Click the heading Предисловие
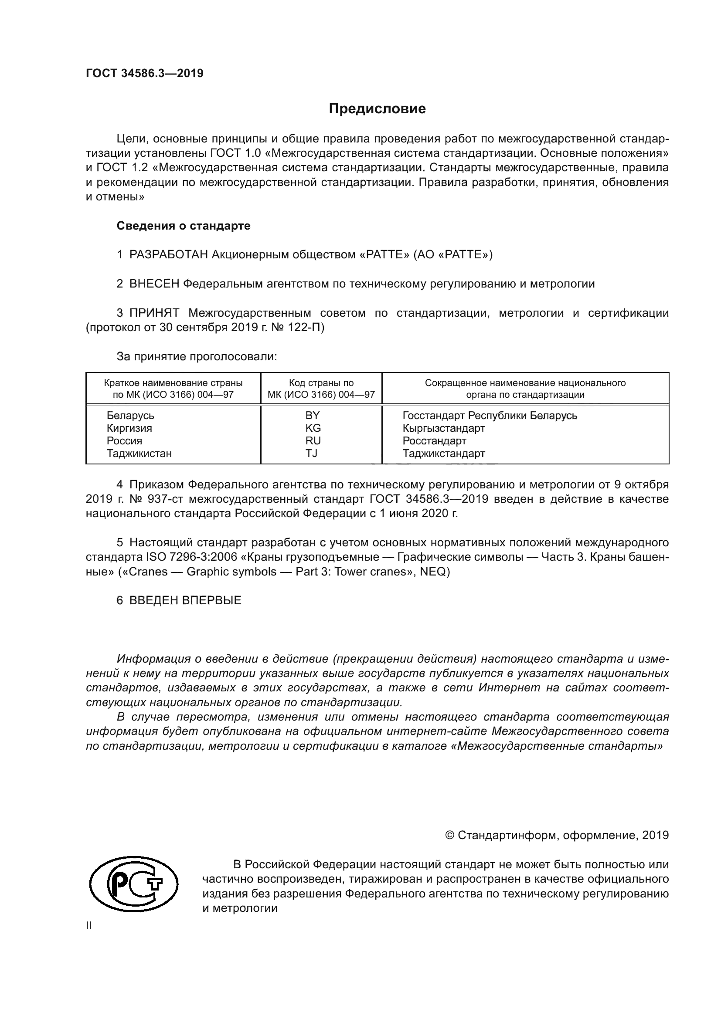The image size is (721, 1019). pos(377,109)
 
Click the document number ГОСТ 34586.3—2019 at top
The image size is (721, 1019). pos(145,74)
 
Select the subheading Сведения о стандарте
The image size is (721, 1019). pos(184,226)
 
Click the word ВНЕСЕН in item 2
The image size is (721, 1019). pos(154,284)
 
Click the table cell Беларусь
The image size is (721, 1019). pos(130,416)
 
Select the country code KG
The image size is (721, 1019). pos(313,428)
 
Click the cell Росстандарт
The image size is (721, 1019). pos(434,441)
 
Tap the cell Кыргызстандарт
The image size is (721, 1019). pos(443,428)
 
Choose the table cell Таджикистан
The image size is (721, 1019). pos(139,453)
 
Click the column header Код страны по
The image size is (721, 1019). pos(321,383)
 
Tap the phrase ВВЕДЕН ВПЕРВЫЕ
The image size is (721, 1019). pos(185,601)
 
